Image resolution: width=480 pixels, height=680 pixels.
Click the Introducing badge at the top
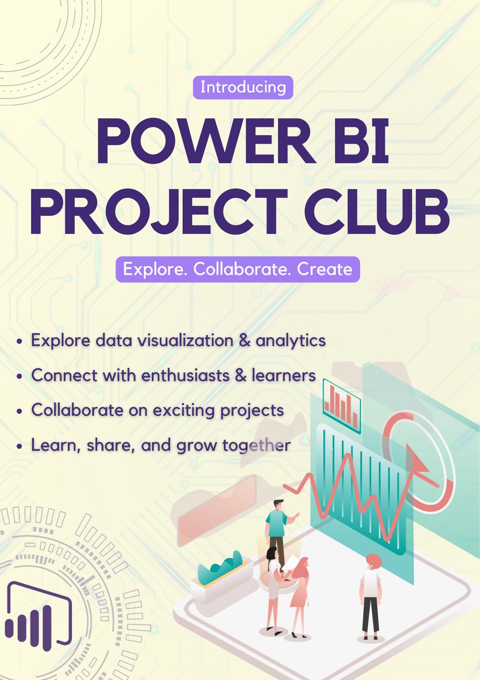243,88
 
